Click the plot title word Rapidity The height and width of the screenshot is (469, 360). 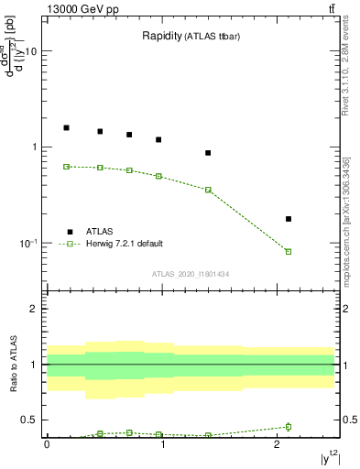click(x=161, y=37)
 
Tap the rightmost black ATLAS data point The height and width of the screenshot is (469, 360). click(x=289, y=219)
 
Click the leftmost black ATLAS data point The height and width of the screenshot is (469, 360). click(x=66, y=127)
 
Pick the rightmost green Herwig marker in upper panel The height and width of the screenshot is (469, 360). click(x=289, y=251)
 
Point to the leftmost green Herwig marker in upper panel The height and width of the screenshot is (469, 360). click(x=66, y=167)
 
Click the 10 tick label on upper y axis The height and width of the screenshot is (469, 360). click(x=30, y=51)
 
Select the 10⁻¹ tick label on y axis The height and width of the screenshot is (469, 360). click(x=27, y=243)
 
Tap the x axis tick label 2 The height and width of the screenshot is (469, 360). click(x=278, y=444)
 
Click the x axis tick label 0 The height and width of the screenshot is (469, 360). click(x=47, y=444)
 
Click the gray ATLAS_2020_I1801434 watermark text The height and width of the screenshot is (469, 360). click(x=191, y=274)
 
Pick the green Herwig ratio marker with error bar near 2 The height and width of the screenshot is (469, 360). click(x=289, y=426)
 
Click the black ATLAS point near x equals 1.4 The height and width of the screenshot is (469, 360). click(x=208, y=153)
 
